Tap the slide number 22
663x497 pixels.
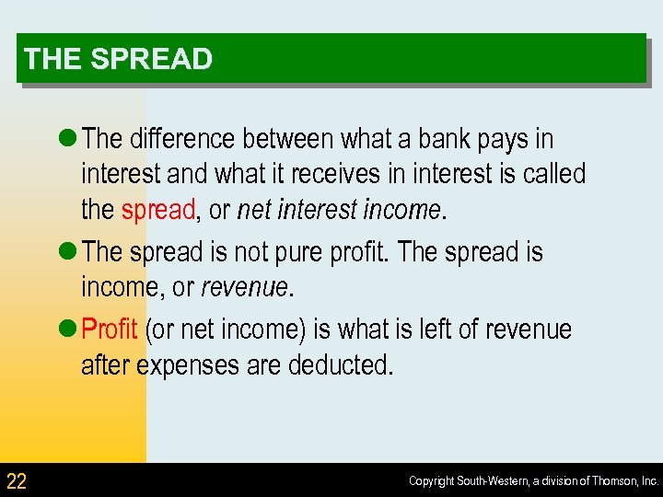point(17,480)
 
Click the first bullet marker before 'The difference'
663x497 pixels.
point(70,139)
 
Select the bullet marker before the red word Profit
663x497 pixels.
point(70,329)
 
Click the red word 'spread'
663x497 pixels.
point(157,210)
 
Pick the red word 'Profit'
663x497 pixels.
point(110,329)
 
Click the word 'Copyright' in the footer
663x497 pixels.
point(431,481)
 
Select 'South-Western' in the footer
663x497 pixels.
point(493,481)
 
